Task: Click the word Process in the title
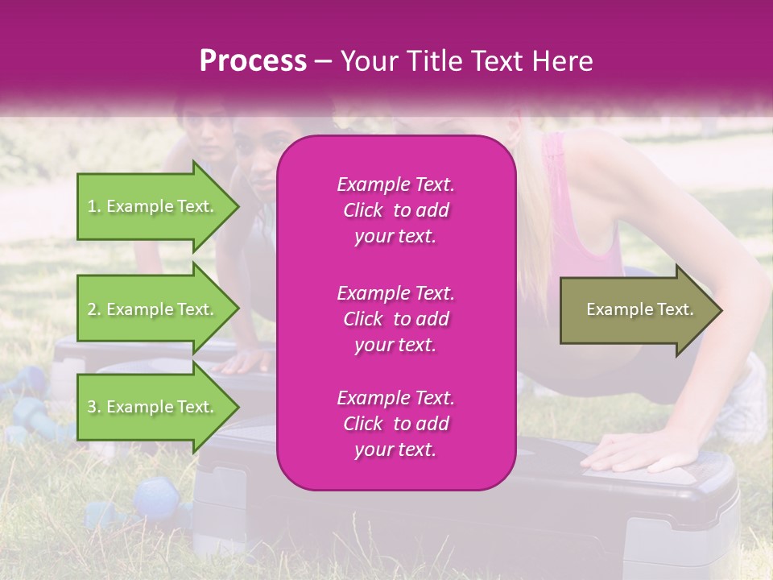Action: coord(253,61)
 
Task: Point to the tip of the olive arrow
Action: coord(720,310)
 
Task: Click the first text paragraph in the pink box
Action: coord(395,210)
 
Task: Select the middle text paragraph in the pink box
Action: coord(395,319)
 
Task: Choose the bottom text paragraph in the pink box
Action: coord(395,424)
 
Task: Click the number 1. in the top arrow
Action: coord(93,206)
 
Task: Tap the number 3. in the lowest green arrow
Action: coord(93,407)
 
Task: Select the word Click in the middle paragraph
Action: coord(363,319)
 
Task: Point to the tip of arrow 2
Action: coord(238,309)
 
